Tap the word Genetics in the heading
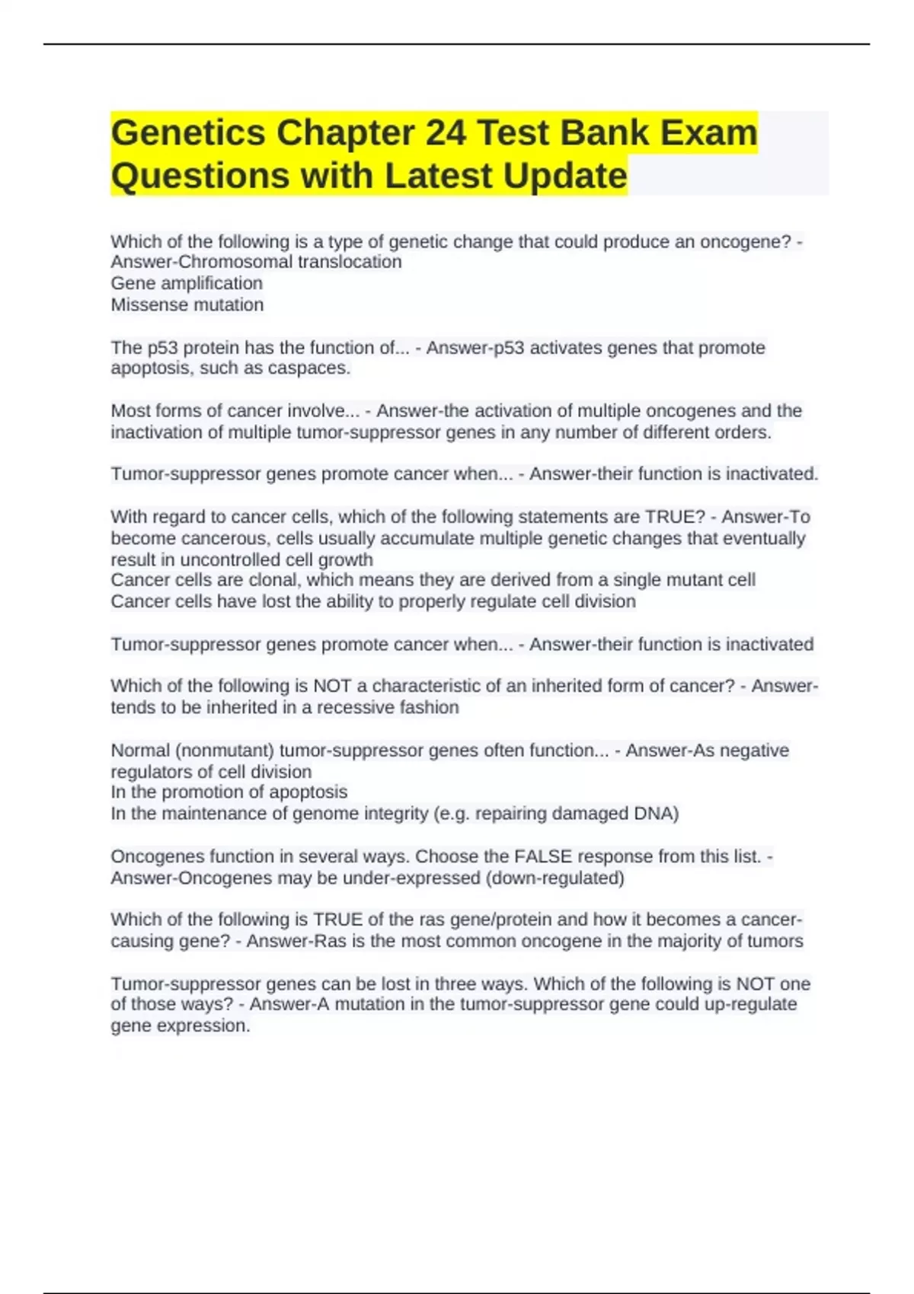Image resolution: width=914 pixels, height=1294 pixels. tap(187, 132)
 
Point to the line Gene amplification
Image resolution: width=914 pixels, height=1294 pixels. tap(187, 283)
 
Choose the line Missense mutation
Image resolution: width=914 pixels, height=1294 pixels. tap(187, 304)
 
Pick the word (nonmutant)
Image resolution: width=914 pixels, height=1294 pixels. tap(225, 751)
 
